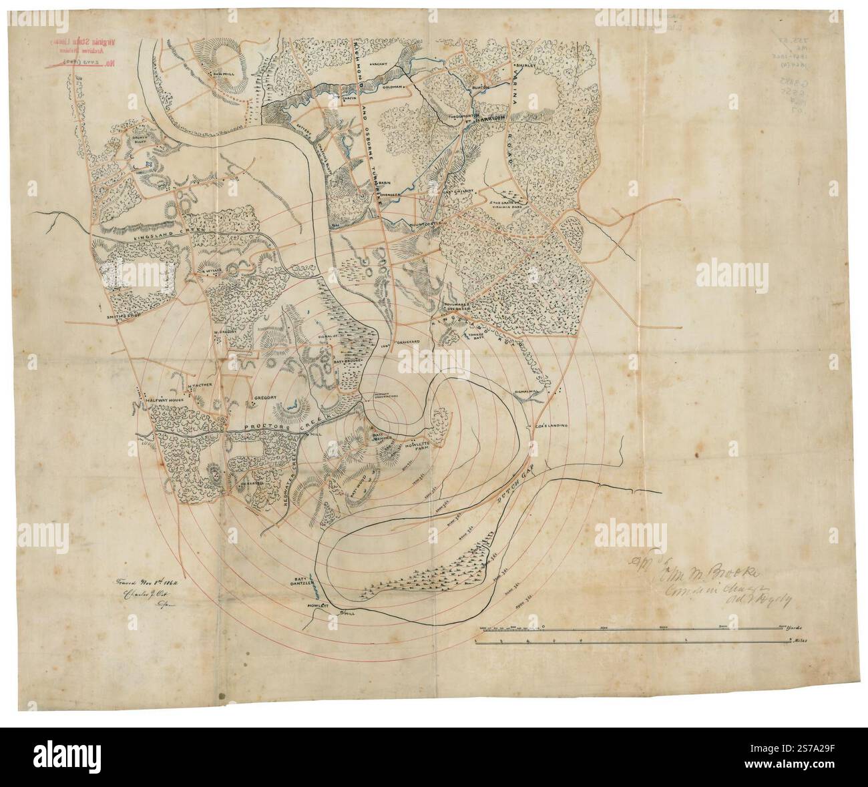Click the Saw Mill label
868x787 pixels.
coord(221,74)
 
